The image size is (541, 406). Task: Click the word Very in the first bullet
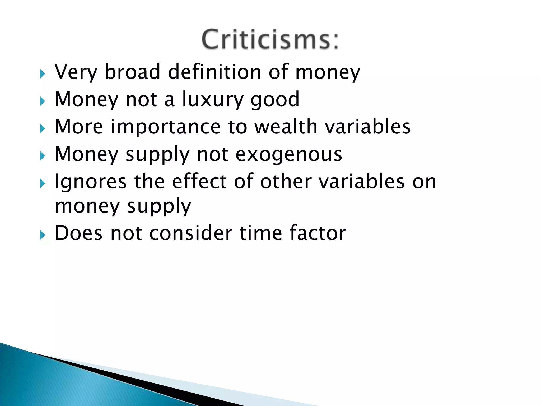point(76,72)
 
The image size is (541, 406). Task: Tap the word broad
point(132,72)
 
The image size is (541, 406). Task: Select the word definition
point(214,72)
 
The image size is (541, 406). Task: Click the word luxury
point(212,100)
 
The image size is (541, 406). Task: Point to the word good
point(275,100)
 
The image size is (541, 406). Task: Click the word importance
point(165,127)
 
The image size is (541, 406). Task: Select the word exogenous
point(289,155)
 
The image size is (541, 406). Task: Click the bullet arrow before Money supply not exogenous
point(43,156)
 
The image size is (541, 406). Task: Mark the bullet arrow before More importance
point(43,129)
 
